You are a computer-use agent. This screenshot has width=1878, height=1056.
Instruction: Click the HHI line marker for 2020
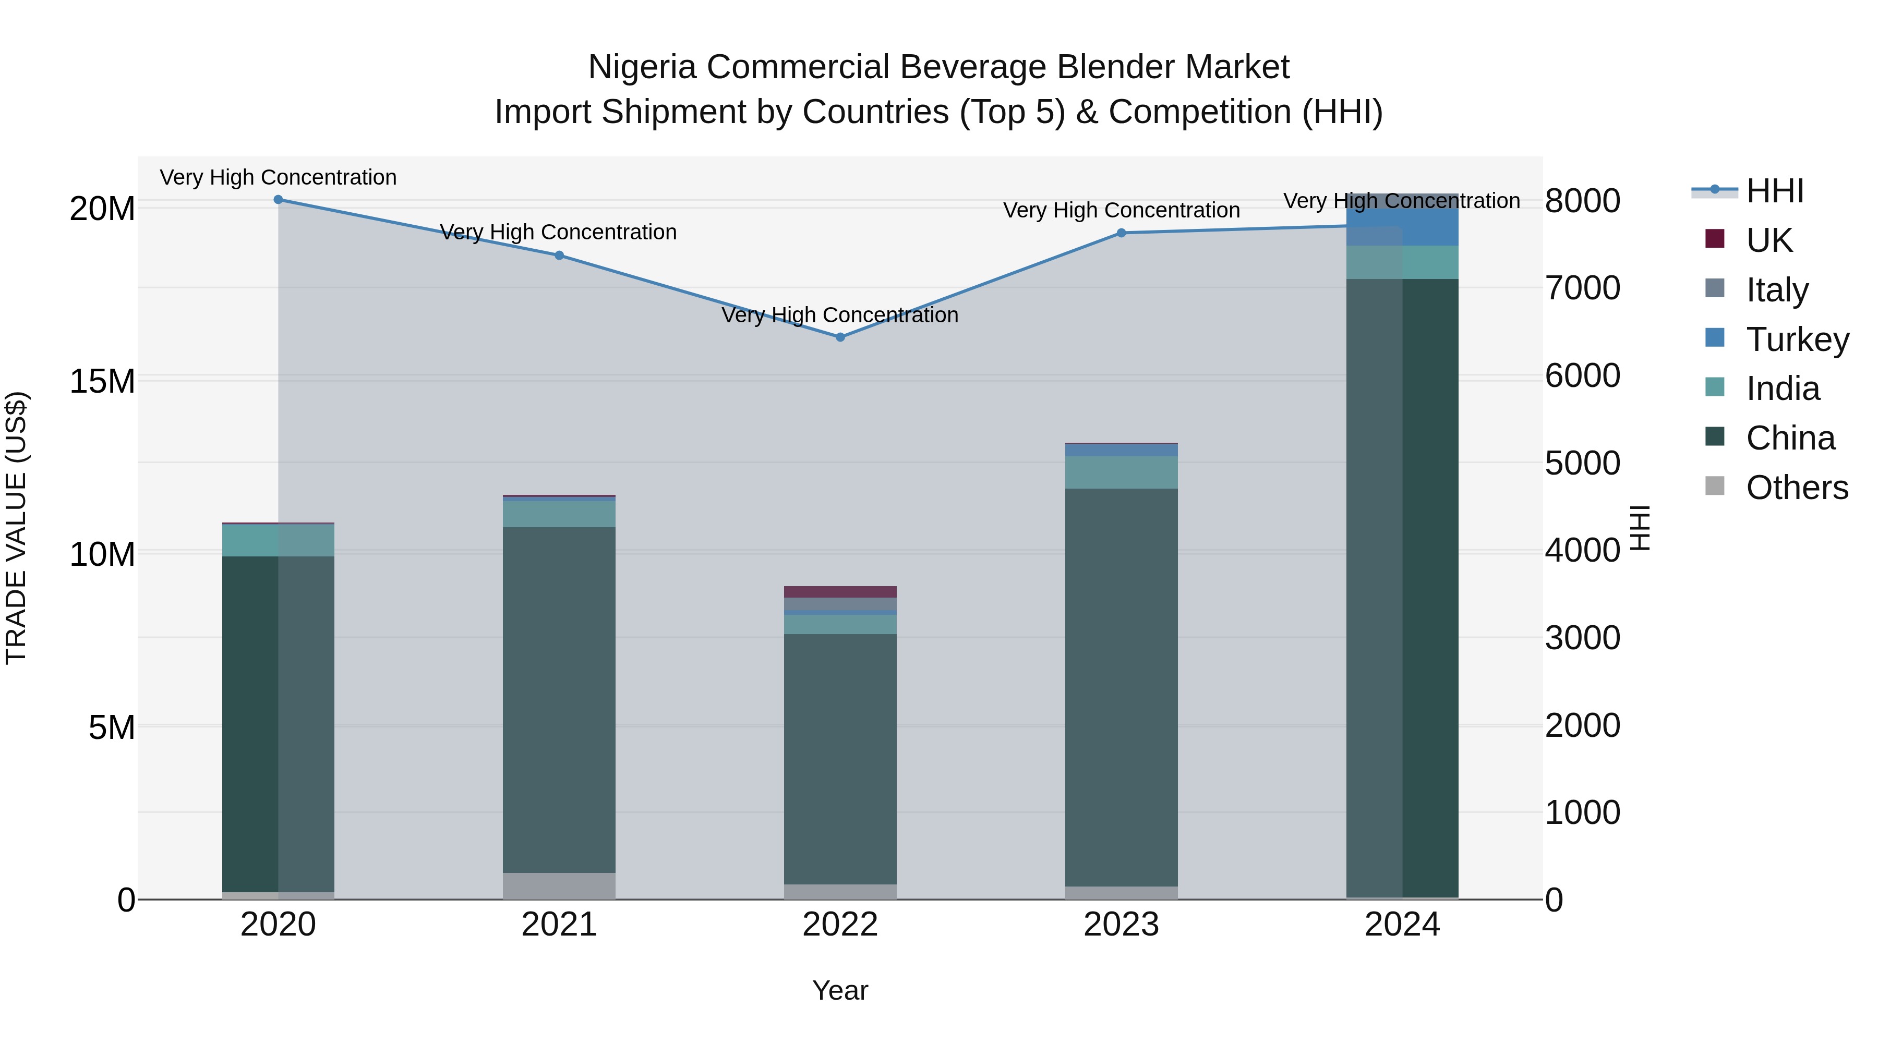(x=278, y=200)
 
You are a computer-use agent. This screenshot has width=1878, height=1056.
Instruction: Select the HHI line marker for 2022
(x=840, y=337)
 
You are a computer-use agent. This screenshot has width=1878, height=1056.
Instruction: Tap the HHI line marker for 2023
(x=1121, y=233)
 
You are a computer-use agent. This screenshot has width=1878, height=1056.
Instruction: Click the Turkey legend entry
(x=1797, y=339)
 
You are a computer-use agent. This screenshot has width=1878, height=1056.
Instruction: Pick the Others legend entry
(x=1797, y=488)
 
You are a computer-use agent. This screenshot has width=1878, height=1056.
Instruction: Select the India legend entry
(x=1783, y=389)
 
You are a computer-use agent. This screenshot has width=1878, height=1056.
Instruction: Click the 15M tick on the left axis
(x=102, y=382)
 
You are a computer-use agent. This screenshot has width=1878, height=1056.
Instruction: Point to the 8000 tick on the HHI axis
(x=1583, y=201)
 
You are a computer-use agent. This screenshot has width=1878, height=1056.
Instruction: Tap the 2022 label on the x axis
(x=840, y=925)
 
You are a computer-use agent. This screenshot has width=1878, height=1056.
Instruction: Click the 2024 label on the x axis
(x=1402, y=925)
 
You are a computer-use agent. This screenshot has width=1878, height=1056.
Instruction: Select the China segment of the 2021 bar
(x=559, y=700)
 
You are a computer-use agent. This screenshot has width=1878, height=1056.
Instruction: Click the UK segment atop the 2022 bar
(x=840, y=592)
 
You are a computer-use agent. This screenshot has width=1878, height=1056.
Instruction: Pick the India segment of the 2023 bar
(x=1121, y=472)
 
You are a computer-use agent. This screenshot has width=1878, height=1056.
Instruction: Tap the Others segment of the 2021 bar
(x=559, y=885)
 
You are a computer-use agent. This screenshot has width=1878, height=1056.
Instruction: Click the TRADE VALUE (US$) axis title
(x=16, y=528)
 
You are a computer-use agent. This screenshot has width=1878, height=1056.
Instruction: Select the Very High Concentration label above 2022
(x=840, y=315)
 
